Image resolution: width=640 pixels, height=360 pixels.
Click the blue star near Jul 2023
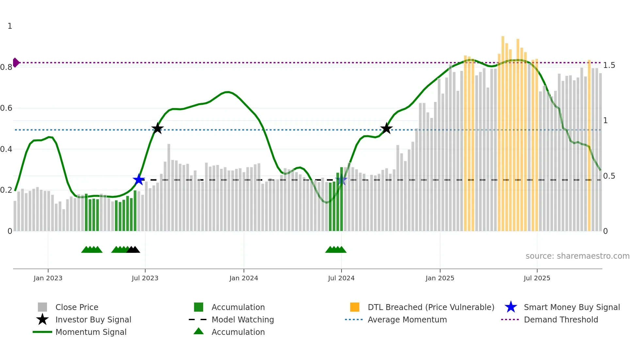pos(139,180)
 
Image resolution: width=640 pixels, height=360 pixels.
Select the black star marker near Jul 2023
pos(157,128)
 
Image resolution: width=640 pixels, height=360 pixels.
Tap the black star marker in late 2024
pos(386,128)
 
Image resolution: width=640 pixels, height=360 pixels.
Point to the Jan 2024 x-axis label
pos(244,278)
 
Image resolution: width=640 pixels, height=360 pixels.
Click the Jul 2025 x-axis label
pos(537,278)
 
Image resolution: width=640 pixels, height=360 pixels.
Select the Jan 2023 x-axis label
pos(48,278)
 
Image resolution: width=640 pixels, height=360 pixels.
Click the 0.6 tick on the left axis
pos(6,108)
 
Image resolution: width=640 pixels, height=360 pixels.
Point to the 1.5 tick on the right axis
pos(609,65)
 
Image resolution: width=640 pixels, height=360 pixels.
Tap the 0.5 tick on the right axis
pos(609,176)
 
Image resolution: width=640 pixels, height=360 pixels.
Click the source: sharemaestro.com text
pos(577,256)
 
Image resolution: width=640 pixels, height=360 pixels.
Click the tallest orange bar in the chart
pos(503,131)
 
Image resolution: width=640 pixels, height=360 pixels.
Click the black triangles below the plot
pos(133,250)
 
